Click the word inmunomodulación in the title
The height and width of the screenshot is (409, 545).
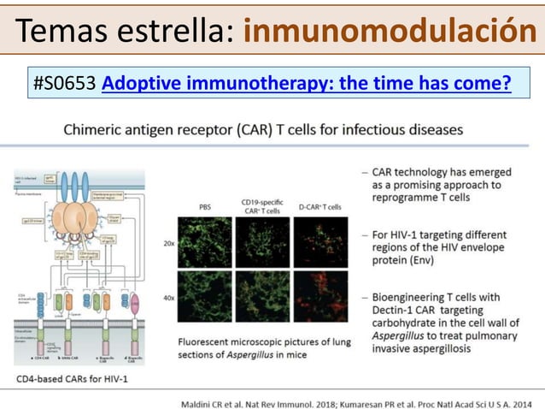389,32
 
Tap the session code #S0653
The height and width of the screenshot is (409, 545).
65,83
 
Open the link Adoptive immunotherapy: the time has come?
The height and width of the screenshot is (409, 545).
306,83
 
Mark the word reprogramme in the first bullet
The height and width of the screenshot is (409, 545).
407,199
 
